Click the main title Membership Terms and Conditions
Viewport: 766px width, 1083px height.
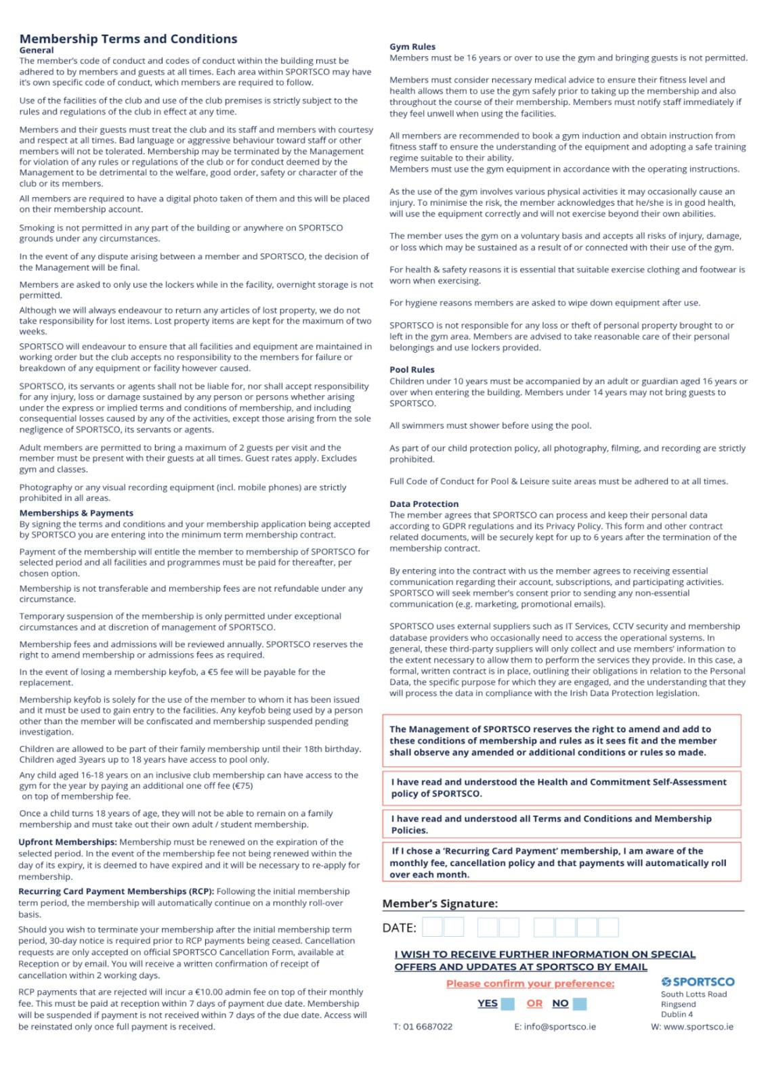128,39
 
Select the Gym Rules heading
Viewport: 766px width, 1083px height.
412,47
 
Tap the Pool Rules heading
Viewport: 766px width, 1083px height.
412,370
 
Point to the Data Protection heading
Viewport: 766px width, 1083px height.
424,504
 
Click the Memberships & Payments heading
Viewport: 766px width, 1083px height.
76,513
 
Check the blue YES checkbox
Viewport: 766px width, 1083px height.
507,1004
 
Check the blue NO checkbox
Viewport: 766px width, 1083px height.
579,1004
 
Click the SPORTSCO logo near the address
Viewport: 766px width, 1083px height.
697,981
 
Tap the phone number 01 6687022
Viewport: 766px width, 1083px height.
427,1027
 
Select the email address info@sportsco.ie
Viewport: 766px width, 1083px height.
559,1027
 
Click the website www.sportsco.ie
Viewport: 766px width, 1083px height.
698,1027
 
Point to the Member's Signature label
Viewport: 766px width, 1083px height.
440,904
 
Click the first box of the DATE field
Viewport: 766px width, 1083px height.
432,927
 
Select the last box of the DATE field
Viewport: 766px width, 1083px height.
608,927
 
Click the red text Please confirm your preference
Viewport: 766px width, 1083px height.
530,983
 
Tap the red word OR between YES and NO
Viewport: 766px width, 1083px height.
534,1003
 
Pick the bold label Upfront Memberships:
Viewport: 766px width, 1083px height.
68,842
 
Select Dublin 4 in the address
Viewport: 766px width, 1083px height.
677,1014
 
